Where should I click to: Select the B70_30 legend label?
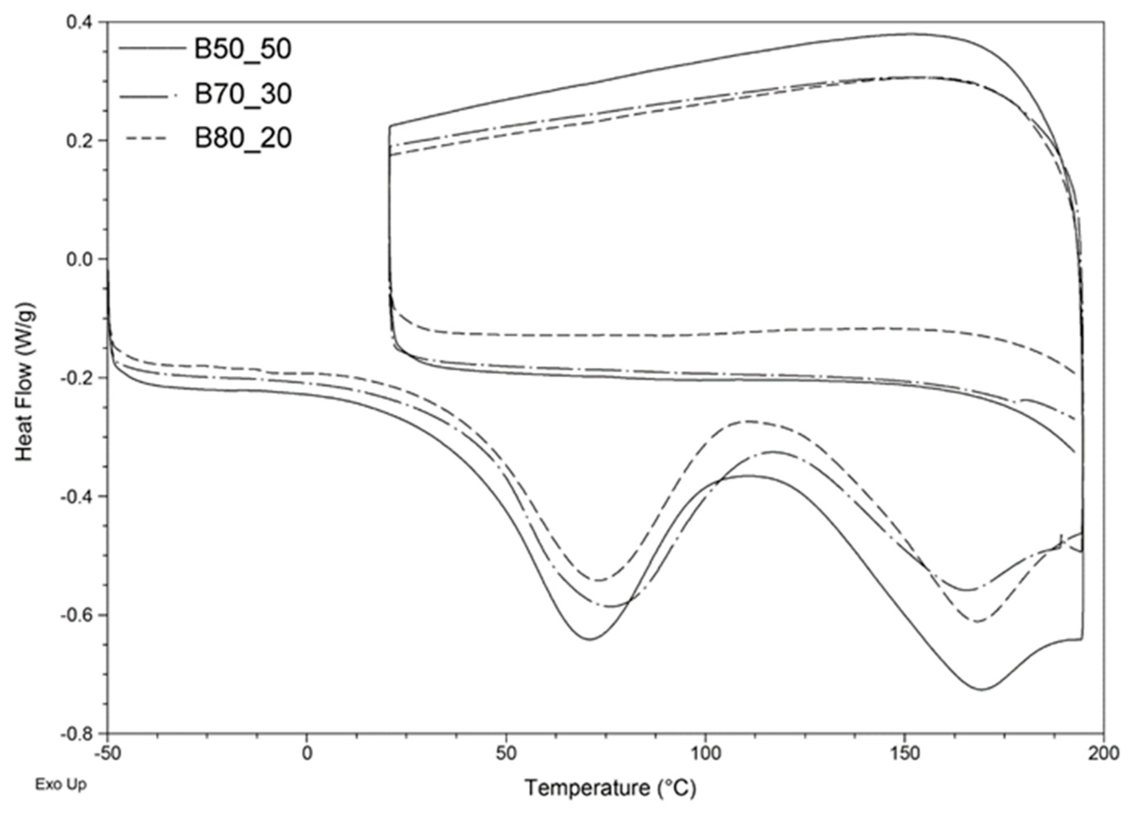click(242, 94)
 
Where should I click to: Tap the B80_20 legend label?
click(242, 138)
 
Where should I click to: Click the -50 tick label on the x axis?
click(108, 754)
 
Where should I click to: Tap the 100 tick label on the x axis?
click(705, 754)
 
